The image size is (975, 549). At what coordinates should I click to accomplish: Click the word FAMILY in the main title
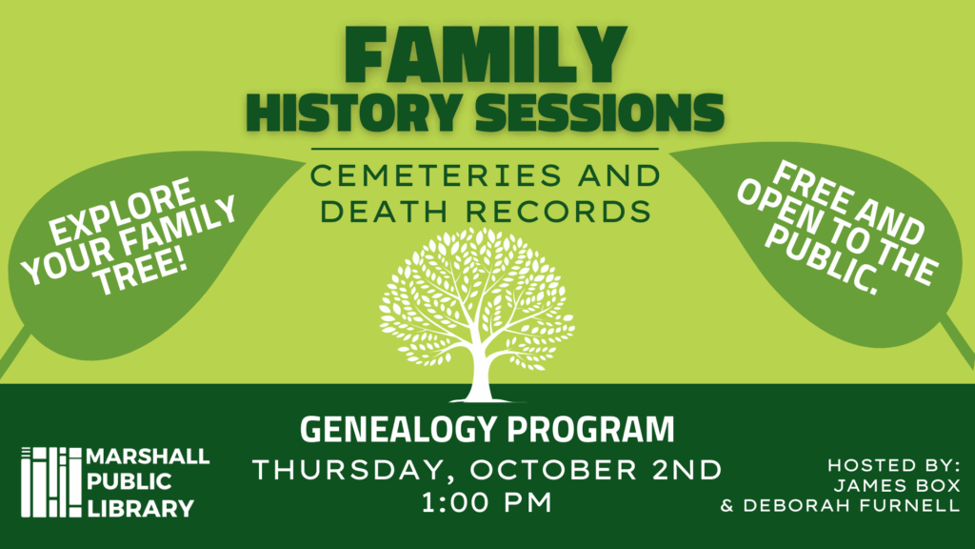pyautogui.click(x=486, y=54)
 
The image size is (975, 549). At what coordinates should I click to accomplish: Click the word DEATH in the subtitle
pyautogui.click(x=384, y=211)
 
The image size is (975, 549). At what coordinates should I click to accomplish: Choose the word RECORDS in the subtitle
pyautogui.click(x=558, y=211)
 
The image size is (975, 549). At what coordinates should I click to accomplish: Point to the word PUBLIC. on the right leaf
pyautogui.click(x=822, y=260)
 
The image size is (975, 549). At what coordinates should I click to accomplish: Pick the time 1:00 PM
pyautogui.click(x=487, y=502)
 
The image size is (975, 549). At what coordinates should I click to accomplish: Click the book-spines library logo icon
pyautogui.click(x=51, y=481)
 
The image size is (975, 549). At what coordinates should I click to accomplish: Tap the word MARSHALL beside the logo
pyautogui.click(x=148, y=457)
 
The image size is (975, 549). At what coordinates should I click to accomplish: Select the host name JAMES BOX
pyautogui.click(x=897, y=485)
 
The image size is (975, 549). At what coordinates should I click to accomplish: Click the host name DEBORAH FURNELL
pyautogui.click(x=851, y=505)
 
